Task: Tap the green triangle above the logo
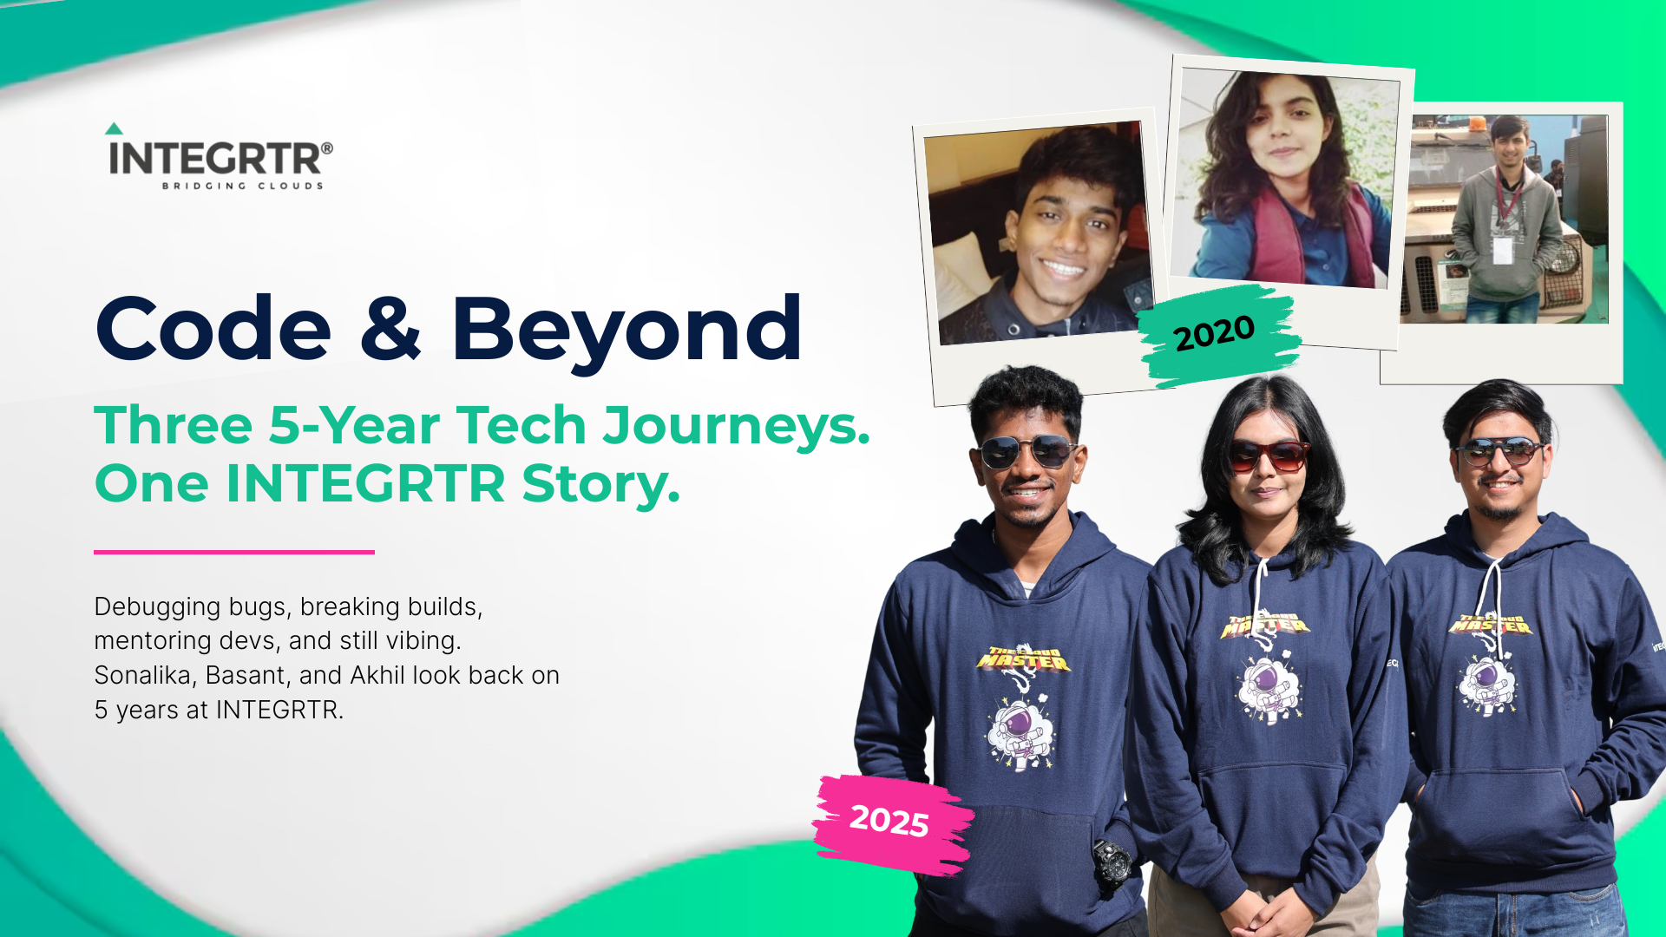114,128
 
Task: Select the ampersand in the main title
390,327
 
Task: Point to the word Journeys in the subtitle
737,426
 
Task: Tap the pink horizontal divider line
234,552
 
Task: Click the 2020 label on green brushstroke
1214,333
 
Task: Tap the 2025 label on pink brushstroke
889,821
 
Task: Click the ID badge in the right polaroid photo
1503,250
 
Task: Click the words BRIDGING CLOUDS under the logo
242,186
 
